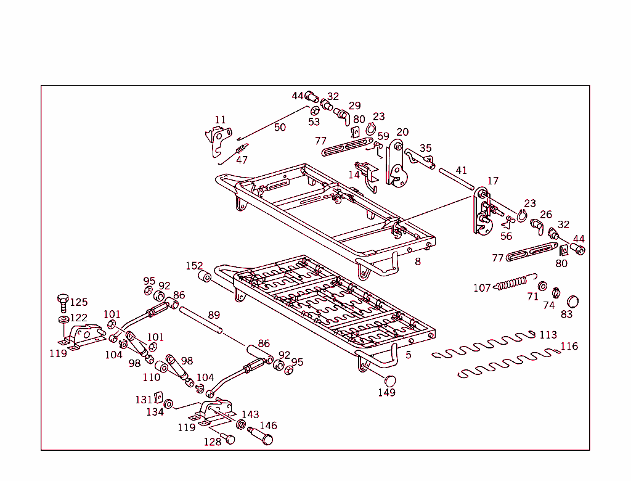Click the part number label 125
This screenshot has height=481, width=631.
click(78, 302)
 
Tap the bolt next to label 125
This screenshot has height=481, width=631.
click(62, 303)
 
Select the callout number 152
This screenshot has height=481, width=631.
click(194, 266)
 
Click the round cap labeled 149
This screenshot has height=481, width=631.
click(390, 379)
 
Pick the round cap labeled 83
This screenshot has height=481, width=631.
click(572, 302)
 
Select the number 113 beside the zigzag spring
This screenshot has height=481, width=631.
click(548, 335)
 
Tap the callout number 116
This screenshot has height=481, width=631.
click(569, 347)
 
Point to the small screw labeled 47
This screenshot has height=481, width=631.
click(241, 149)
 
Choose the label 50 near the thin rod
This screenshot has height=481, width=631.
click(280, 128)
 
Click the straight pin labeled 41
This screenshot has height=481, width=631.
click(456, 178)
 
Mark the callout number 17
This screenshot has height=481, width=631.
click(492, 181)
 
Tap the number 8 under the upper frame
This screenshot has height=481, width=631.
click(418, 261)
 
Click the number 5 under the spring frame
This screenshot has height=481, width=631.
click(408, 355)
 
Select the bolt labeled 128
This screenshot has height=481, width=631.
click(227, 438)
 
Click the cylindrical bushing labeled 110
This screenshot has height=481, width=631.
click(161, 368)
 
